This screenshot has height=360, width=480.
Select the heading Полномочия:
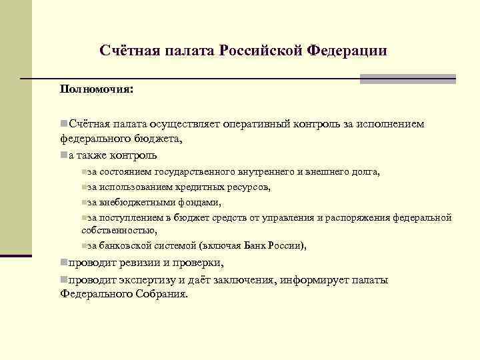[x=96, y=89]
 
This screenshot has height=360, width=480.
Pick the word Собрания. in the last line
[x=161, y=293]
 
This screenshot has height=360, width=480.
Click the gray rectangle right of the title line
[x=407, y=79]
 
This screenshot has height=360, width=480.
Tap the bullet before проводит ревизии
[x=63, y=263]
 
